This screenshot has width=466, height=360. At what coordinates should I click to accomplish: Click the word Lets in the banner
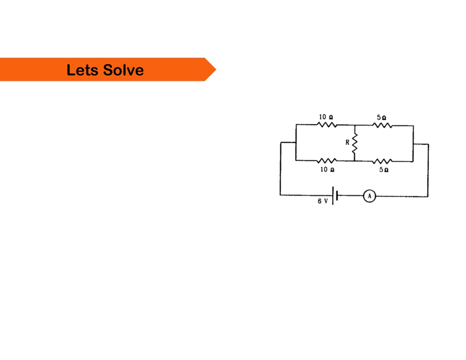click(x=82, y=70)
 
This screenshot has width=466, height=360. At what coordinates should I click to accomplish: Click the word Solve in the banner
click(x=123, y=70)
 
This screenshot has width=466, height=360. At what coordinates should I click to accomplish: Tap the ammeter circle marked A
click(x=370, y=196)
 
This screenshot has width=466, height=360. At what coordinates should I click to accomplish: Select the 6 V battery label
click(x=323, y=201)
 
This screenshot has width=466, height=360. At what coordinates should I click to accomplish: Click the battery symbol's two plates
click(x=335, y=196)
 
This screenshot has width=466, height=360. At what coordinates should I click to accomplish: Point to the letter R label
click(x=347, y=143)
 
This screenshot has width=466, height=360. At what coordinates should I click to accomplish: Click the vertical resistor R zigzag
click(x=355, y=143)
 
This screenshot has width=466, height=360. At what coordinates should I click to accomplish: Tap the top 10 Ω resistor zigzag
click(x=327, y=125)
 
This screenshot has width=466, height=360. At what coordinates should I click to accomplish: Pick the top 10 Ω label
click(x=326, y=117)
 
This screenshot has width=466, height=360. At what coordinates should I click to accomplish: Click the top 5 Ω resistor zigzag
click(x=382, y=126)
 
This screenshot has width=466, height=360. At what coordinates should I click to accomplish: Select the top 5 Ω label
click(x=382, y=117)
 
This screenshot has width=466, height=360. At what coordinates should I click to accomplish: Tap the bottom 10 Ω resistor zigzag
click(x=327, y=161)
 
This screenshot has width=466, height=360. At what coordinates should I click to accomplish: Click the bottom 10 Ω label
click(x=327, y=169)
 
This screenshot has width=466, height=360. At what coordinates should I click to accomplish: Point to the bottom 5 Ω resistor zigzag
click(x=382, y=162)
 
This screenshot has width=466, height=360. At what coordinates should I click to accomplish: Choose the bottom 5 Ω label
click(x=384, y=170)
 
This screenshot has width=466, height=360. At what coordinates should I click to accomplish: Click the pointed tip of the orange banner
click(x=216, y=70)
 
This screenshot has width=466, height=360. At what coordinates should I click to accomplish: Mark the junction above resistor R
click(x=355, y=125)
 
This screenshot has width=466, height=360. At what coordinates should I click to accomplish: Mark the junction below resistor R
click(x=355, y=161)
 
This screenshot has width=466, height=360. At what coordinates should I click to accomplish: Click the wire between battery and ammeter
click(x=351, y=196)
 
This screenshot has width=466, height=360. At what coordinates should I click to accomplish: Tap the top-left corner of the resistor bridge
click(x=296, y=125)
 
